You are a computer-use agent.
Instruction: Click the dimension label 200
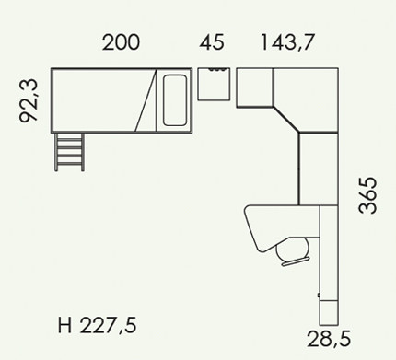(x=121, y=42)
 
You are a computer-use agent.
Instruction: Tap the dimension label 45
(x=212, y=42)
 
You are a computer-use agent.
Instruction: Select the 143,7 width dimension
(x=287, y=42)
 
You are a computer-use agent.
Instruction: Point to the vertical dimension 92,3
(x=29, y=100)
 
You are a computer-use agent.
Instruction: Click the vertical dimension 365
(x=367, y=194)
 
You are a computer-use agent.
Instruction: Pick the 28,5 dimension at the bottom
(x=329, y=339)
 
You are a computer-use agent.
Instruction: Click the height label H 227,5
(x=97, y=326)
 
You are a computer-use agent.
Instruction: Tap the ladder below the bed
(x=69, y=152)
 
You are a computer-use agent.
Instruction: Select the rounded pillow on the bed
(x=175, y=100)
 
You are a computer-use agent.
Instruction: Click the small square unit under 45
(x=214, y=84)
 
